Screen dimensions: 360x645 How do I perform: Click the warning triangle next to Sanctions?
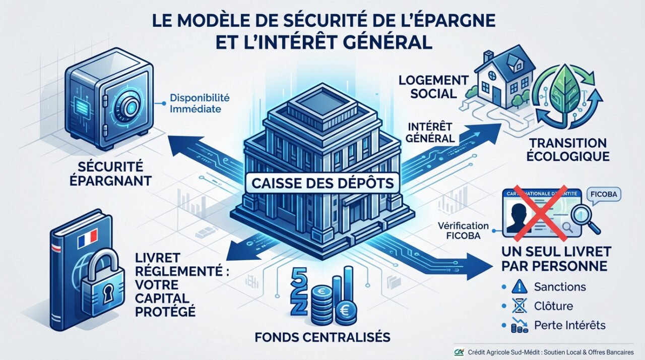click(519, 287)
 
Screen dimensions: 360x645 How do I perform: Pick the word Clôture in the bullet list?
click(553, 306)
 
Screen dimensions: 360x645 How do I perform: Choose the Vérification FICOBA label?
click(464, 230)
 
